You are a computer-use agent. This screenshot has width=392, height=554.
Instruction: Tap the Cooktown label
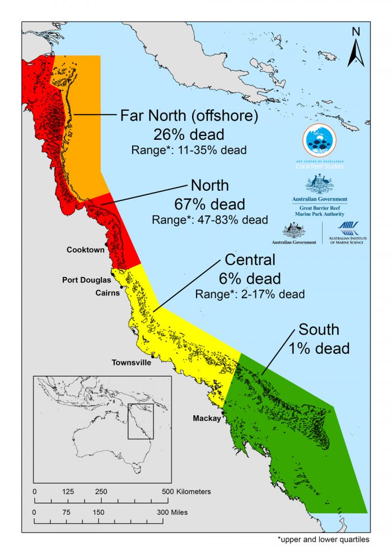85,250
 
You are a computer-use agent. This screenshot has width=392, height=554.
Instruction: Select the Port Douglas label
86,280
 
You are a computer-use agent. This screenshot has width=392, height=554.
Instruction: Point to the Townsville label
131,363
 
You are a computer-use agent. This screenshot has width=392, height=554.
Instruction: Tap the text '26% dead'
189,134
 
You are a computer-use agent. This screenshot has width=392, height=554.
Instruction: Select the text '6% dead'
249,278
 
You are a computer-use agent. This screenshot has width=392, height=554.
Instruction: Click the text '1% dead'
319,348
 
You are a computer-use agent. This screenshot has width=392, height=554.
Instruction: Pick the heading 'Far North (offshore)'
189,116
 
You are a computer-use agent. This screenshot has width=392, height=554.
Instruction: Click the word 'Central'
250,260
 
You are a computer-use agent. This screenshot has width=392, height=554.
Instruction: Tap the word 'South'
319,329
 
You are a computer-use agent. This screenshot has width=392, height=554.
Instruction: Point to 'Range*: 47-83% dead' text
209,219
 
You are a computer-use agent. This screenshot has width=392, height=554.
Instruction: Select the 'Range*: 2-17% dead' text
250,294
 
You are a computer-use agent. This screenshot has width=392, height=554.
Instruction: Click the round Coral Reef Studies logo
319,142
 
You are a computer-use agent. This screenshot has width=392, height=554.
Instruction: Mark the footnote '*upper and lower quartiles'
323,541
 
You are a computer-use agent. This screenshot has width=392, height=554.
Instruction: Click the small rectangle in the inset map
141,421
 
